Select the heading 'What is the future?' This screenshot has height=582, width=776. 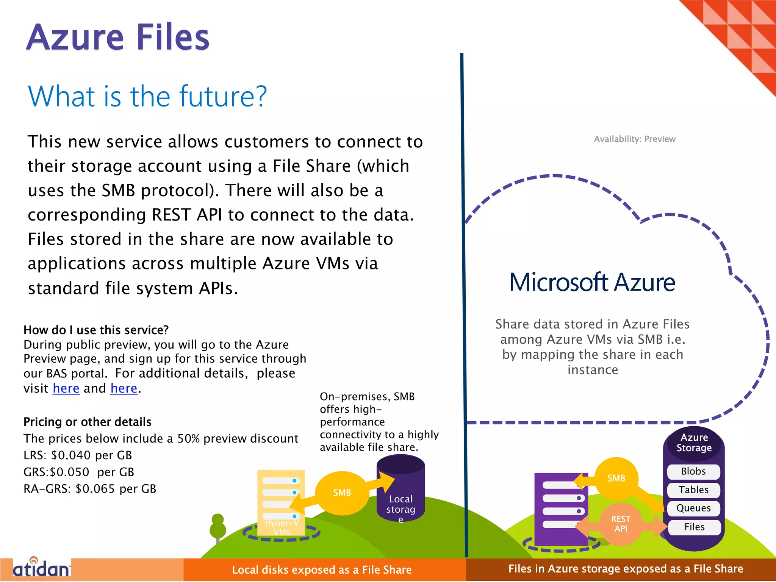coord(147,96)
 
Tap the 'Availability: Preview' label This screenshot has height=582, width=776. coord(634,139)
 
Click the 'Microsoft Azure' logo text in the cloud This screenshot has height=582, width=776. coord(592,282)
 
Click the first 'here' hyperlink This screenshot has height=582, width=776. coord(66,388)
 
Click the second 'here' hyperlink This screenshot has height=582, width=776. coord(124,388)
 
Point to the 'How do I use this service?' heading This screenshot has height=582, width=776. coord(96,330)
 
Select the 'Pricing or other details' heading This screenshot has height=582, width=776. coord(88,422)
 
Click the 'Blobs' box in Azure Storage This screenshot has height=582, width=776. coord(693,471)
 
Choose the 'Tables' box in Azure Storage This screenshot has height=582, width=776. coord(693,490)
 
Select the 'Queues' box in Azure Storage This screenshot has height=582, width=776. coord(693,508)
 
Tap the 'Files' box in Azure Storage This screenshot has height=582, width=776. coord(694,527)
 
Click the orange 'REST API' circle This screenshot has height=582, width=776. coord(621,524)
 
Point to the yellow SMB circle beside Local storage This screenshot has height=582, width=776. coord(342,493)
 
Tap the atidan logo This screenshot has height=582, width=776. coord(42,568)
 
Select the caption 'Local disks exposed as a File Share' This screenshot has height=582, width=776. coord(322,570)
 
